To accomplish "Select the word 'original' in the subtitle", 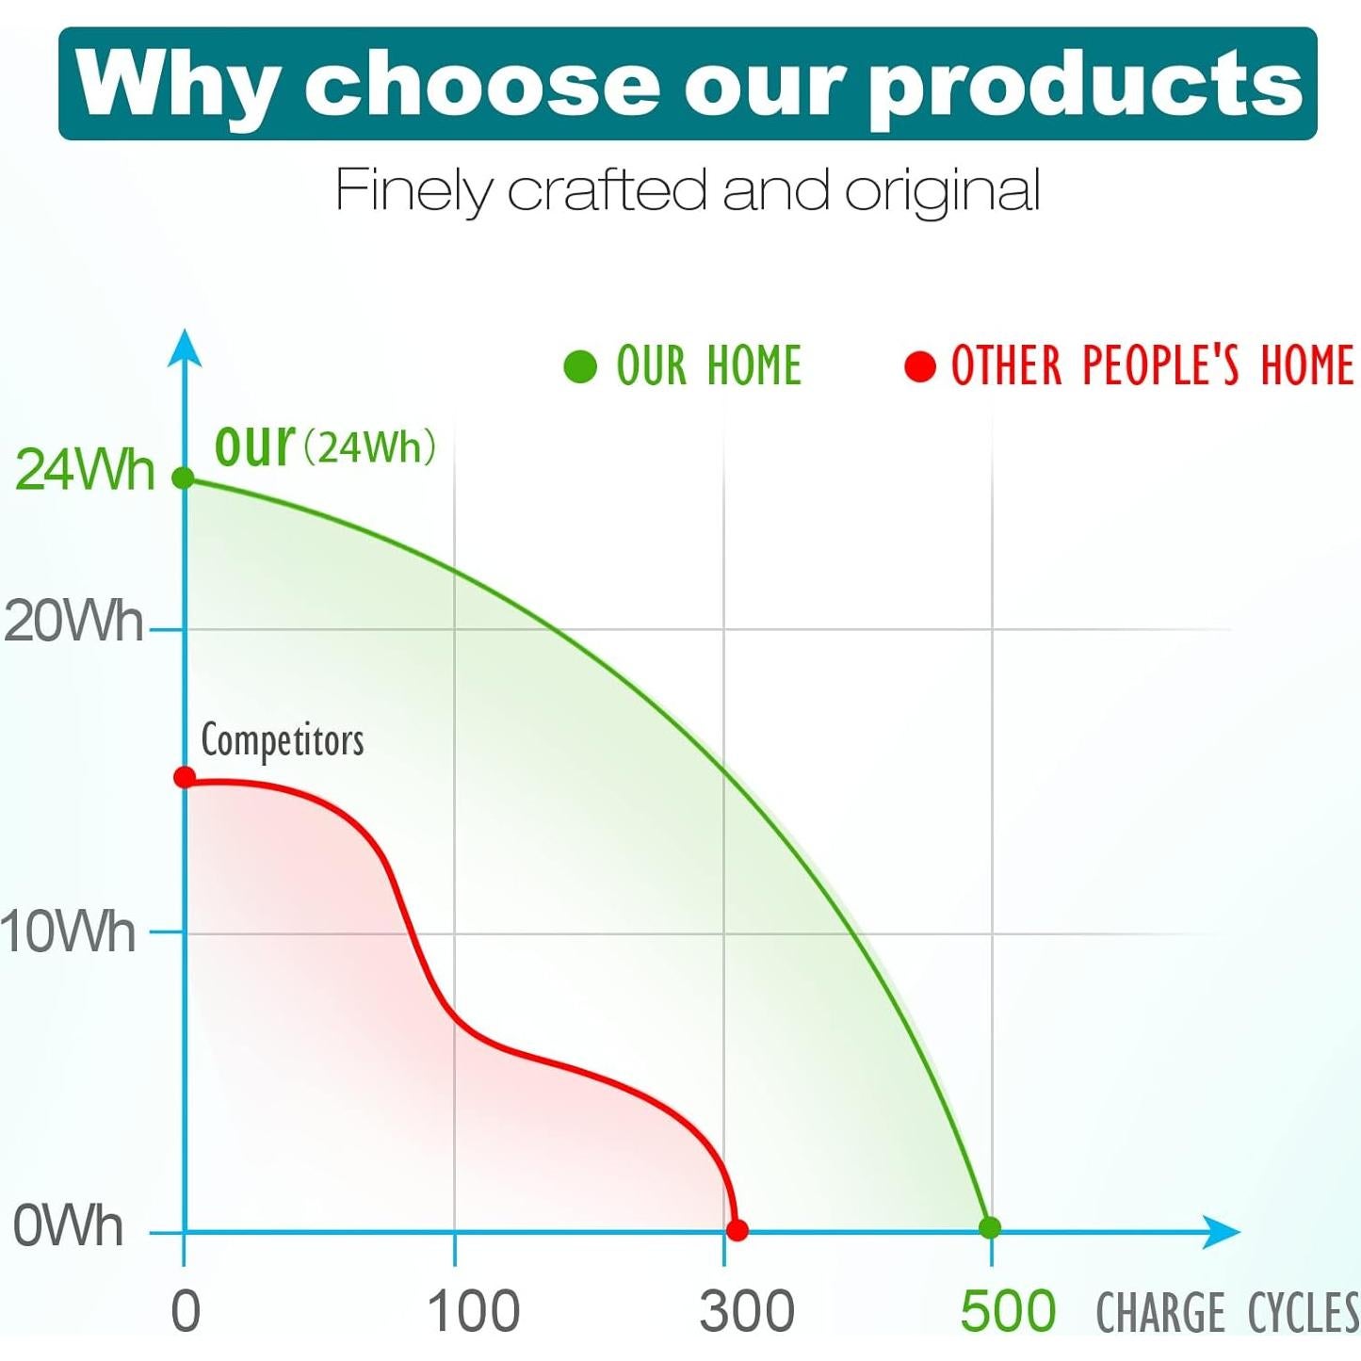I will tap(942, 191).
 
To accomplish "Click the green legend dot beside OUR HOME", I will tap(580, 366).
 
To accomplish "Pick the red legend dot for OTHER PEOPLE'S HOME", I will tap(920, 366).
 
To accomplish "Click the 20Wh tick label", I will tap(73, 623).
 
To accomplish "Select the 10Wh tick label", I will tap(68, 932).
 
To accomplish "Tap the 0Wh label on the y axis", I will tap(69, 1226).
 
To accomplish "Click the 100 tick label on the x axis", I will tap(473, 1311).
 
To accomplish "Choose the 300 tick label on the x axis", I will tap(747, 1311).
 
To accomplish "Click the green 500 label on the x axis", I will tap(1008, 1311).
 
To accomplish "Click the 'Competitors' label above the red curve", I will tap(283, 740).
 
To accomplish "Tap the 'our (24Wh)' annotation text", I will tap(325, 446).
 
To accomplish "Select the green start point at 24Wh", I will tap(184, 478).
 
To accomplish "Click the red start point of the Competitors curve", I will tap(185, 777).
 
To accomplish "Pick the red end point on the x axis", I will tap(737, 1230).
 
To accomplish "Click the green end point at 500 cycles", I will tap(990, 1227).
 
